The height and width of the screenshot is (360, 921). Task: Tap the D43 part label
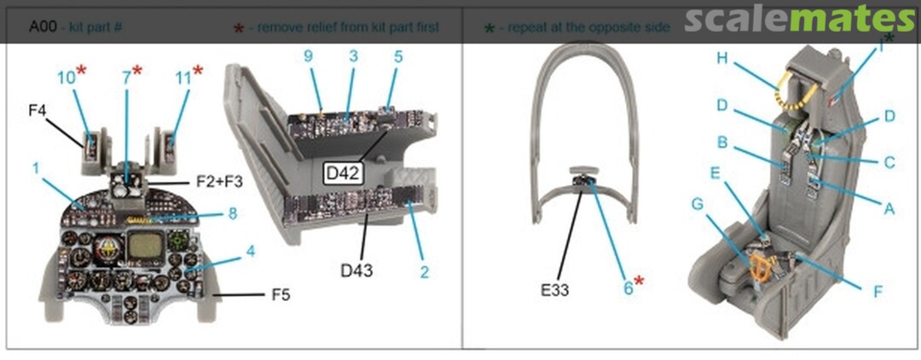357,270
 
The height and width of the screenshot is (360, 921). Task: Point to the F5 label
281,295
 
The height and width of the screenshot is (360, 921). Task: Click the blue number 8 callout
232,214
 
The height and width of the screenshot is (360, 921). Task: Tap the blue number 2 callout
424,272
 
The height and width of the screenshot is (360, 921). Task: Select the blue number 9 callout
309,56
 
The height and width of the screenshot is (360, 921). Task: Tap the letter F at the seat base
877,292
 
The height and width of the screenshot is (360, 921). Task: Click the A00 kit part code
43,27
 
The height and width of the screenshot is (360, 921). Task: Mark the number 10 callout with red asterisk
67,78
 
